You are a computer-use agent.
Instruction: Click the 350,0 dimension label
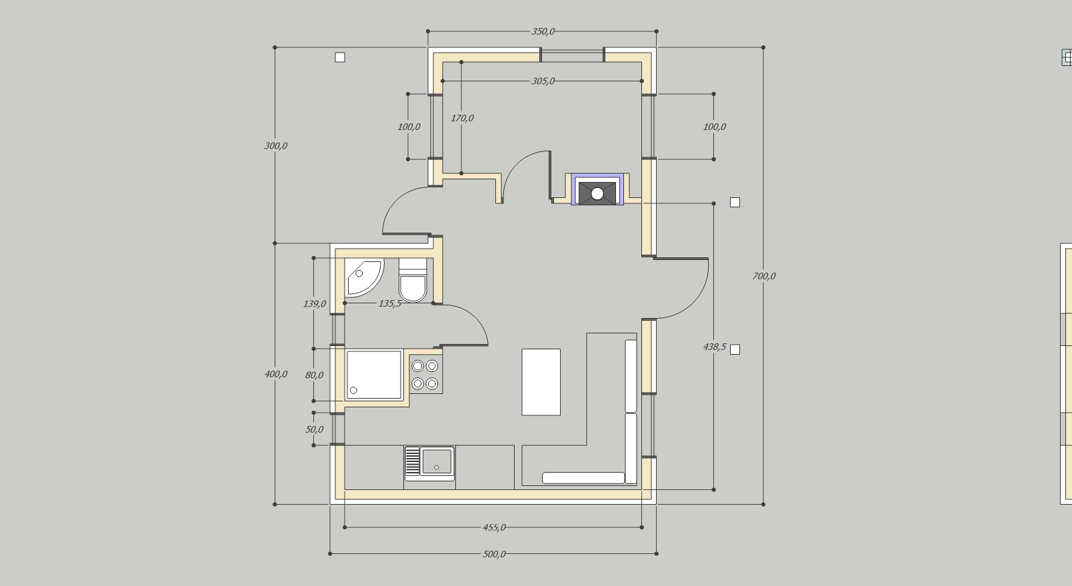(x=543, y=31)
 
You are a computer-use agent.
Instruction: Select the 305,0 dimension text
(x=543, y=81)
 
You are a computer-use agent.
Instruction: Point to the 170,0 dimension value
(x=462, y=118)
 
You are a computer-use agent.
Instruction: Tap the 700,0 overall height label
(x=764, y=276)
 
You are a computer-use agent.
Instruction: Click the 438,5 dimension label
(x=715, y=347)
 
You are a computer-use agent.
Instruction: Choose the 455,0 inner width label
(x=494, y=527)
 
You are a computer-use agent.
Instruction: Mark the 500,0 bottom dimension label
(x=494, y=555)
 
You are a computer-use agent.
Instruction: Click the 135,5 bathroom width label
(x=389, y=303)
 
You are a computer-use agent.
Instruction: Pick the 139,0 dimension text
(x=315, y=304)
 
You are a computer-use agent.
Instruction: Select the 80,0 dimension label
(x=314, y=375)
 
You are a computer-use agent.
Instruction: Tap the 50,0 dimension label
(x=314, y=429)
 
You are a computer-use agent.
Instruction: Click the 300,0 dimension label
(x=275, y=146)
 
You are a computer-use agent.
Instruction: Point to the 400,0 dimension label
(x=275, y=375)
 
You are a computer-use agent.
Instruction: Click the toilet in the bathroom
(x=413, y=281)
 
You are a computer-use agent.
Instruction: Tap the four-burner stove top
(x=425, y=375)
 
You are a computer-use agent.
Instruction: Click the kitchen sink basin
(x=437, y=461)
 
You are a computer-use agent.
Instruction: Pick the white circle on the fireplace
(x=597, y=194)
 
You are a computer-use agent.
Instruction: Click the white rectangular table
(x=541, y=382)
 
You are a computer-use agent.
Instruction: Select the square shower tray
(x=374, y=375)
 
